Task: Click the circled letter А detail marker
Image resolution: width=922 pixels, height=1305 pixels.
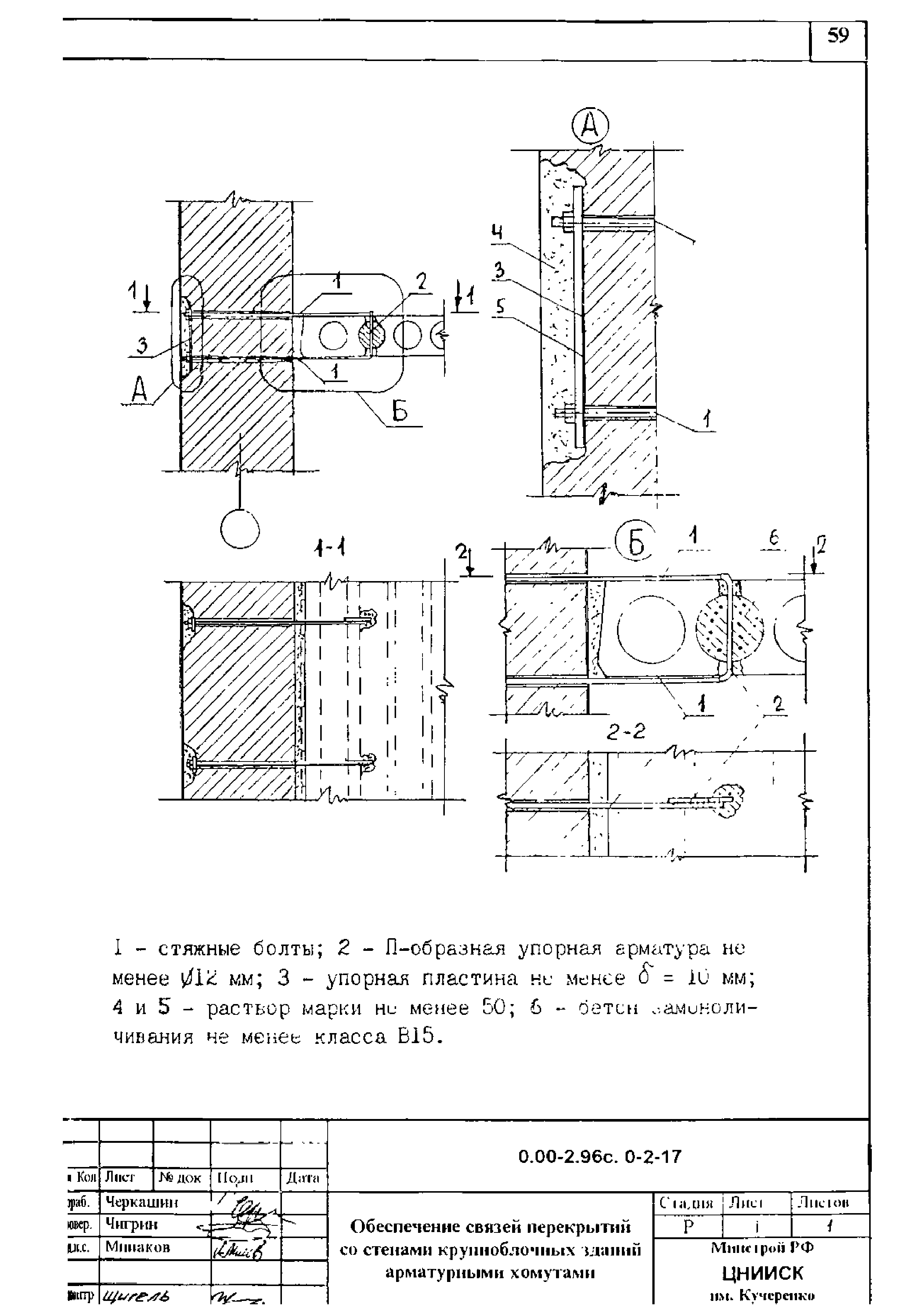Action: (x=590, y=126)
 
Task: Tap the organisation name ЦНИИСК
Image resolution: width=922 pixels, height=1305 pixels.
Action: (x=763, y=1273)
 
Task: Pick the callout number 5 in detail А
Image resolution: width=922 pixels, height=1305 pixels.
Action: (x=500, y=308)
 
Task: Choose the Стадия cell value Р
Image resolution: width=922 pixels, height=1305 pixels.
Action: (x=688, y=1227)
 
